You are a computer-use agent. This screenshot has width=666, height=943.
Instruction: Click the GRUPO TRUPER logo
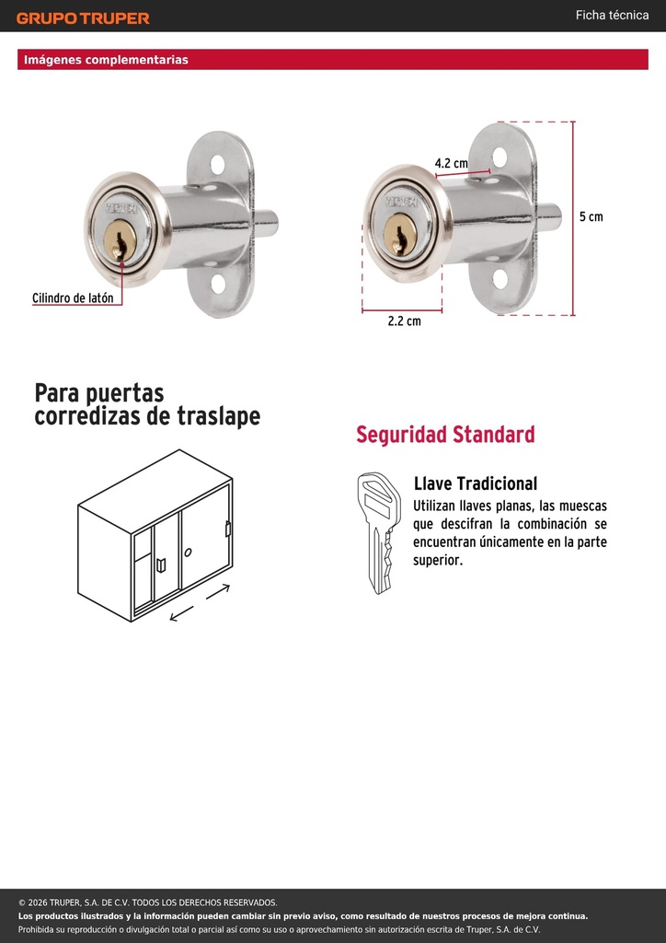(83, 18)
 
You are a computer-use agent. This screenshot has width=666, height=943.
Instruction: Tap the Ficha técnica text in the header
(612, 15)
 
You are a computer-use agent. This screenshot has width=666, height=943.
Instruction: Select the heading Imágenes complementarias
(106, 60)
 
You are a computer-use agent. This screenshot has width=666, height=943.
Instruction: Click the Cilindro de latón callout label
(73, 297)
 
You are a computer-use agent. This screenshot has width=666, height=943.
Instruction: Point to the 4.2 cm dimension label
(451, 163)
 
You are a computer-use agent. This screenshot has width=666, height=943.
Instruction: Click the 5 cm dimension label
(591, 216)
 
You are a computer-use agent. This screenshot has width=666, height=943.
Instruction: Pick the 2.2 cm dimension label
(404, 320)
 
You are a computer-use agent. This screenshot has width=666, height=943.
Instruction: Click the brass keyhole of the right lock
(399, 235)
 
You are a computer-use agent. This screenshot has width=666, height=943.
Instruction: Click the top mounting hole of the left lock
(217, 164)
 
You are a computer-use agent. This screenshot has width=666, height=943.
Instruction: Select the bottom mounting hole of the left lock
(218, 284)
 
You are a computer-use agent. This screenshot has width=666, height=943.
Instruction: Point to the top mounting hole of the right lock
(499, 157)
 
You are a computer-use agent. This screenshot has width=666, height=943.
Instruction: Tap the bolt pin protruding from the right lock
(549, 217)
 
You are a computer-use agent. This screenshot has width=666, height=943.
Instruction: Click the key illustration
(378, 533)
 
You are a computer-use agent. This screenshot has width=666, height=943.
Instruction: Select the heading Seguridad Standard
(445, 435)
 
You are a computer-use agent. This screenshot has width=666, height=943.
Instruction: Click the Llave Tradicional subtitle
(475, 483)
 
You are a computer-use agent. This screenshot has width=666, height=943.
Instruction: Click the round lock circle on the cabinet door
(188, 552)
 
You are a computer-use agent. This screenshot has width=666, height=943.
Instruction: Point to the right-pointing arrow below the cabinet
(218, 591)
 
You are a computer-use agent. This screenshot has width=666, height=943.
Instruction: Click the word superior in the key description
(437, 561)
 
